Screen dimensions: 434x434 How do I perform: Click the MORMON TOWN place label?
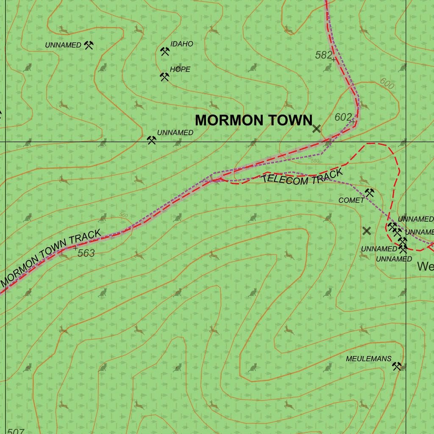(253, 120)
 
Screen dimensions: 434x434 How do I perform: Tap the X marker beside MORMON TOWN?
(317, 129)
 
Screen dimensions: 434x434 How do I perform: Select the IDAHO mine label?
(181, 44)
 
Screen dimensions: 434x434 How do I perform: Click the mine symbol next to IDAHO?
(164, 51)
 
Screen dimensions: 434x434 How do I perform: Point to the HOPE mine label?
(180, 69)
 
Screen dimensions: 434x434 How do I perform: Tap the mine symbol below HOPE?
(164, 77)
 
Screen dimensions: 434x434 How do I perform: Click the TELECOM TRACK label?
(302, 177)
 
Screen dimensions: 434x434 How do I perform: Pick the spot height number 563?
(86, 253)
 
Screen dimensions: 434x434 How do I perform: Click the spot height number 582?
(323, 55)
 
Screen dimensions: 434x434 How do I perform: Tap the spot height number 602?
(343, 117)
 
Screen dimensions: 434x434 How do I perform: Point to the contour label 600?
(387, 83)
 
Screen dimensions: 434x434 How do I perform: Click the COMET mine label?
(351, 200)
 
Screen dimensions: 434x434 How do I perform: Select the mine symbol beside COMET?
(369, 193)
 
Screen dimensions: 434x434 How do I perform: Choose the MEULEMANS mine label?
(368, 359)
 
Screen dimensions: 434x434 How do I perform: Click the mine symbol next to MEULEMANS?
(397, 366)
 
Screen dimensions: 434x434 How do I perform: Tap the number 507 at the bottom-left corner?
(16, 431)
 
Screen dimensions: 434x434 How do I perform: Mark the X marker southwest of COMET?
(367, 231)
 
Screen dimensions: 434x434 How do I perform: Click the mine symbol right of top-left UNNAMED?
(88, 45)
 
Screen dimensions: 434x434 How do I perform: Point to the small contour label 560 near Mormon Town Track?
(123, 215)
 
